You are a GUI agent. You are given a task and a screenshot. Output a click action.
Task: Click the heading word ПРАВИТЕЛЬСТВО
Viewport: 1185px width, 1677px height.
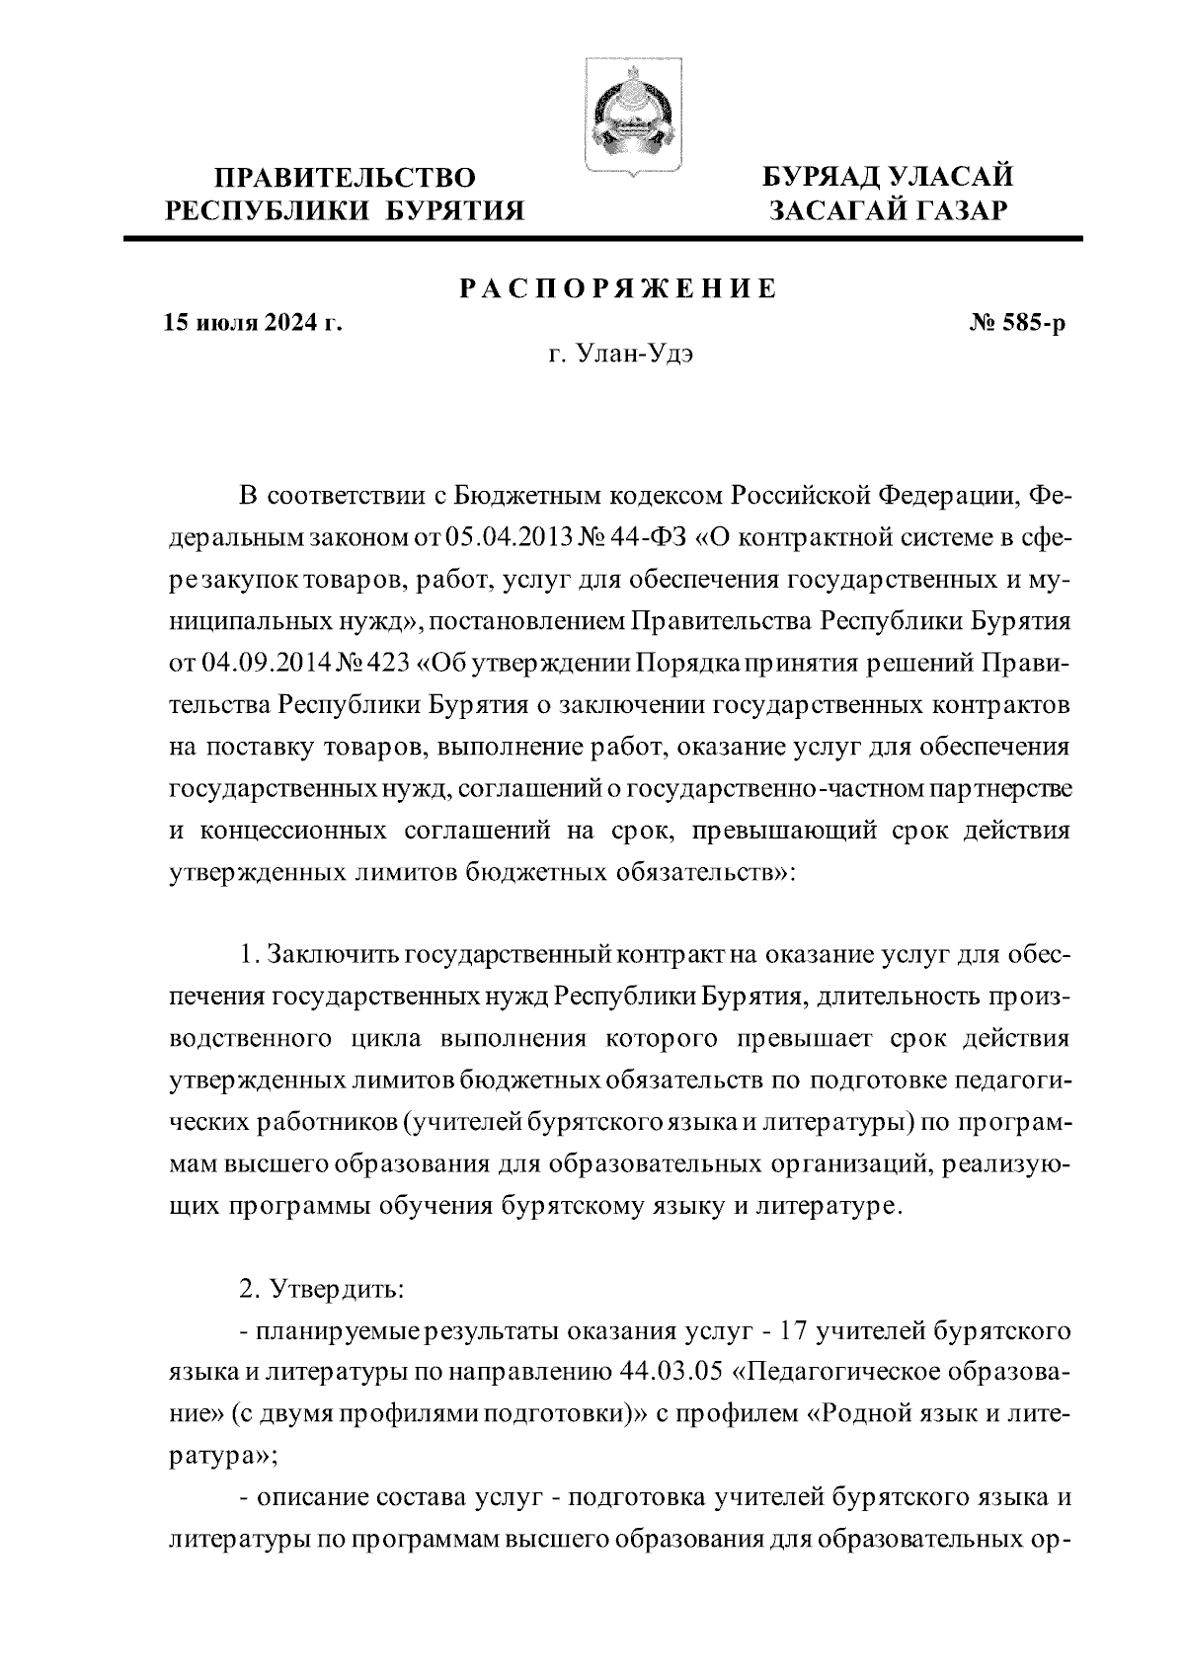(x=346, y=179)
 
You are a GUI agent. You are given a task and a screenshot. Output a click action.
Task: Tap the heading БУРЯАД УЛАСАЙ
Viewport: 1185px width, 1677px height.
(x=887, y=178)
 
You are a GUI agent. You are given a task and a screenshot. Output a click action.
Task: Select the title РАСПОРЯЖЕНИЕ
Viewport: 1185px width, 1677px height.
(x=619, y=288)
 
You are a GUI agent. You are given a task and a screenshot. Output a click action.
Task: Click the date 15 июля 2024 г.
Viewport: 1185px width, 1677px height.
(x=253, y=323)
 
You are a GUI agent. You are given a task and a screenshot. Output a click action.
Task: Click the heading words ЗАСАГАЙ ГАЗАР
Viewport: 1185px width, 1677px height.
(x=887, y=210)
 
